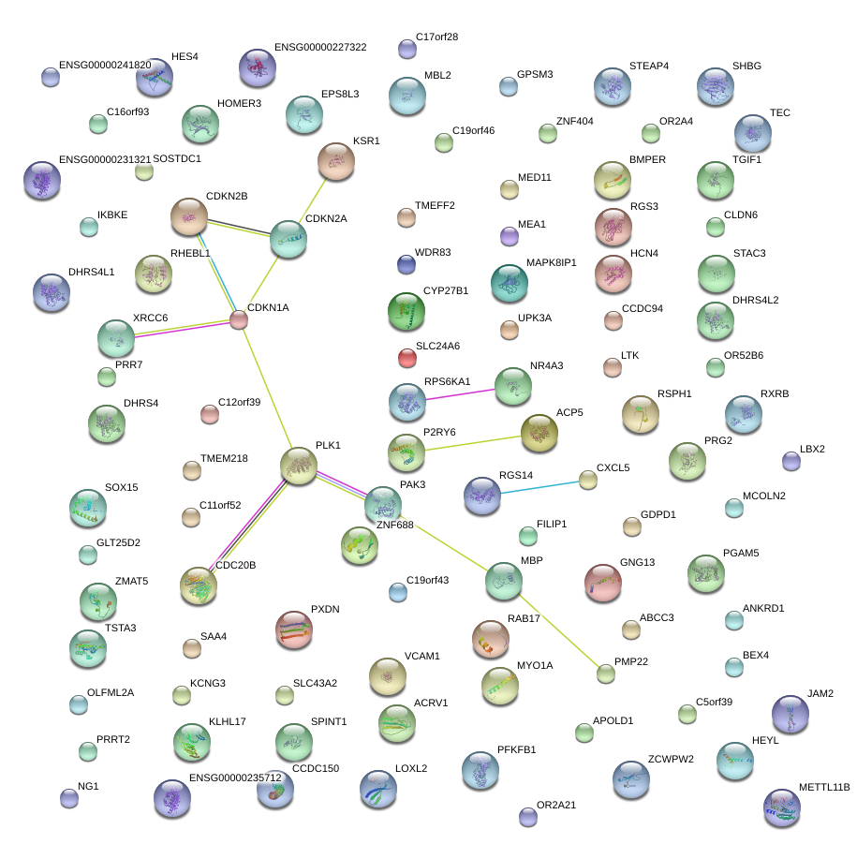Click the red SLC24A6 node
point(406,357)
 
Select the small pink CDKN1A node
point(239,320)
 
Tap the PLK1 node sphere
point(299,466)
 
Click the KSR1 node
point(336,161)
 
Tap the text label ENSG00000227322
point(320,47)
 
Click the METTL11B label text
point(824,788)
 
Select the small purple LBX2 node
point(791,461)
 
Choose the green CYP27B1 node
point(406,311)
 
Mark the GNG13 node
point(602,583)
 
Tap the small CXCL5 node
point(587,480)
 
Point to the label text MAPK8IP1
point(551,262)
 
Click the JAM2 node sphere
point(790,714)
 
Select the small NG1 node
point(69,798)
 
